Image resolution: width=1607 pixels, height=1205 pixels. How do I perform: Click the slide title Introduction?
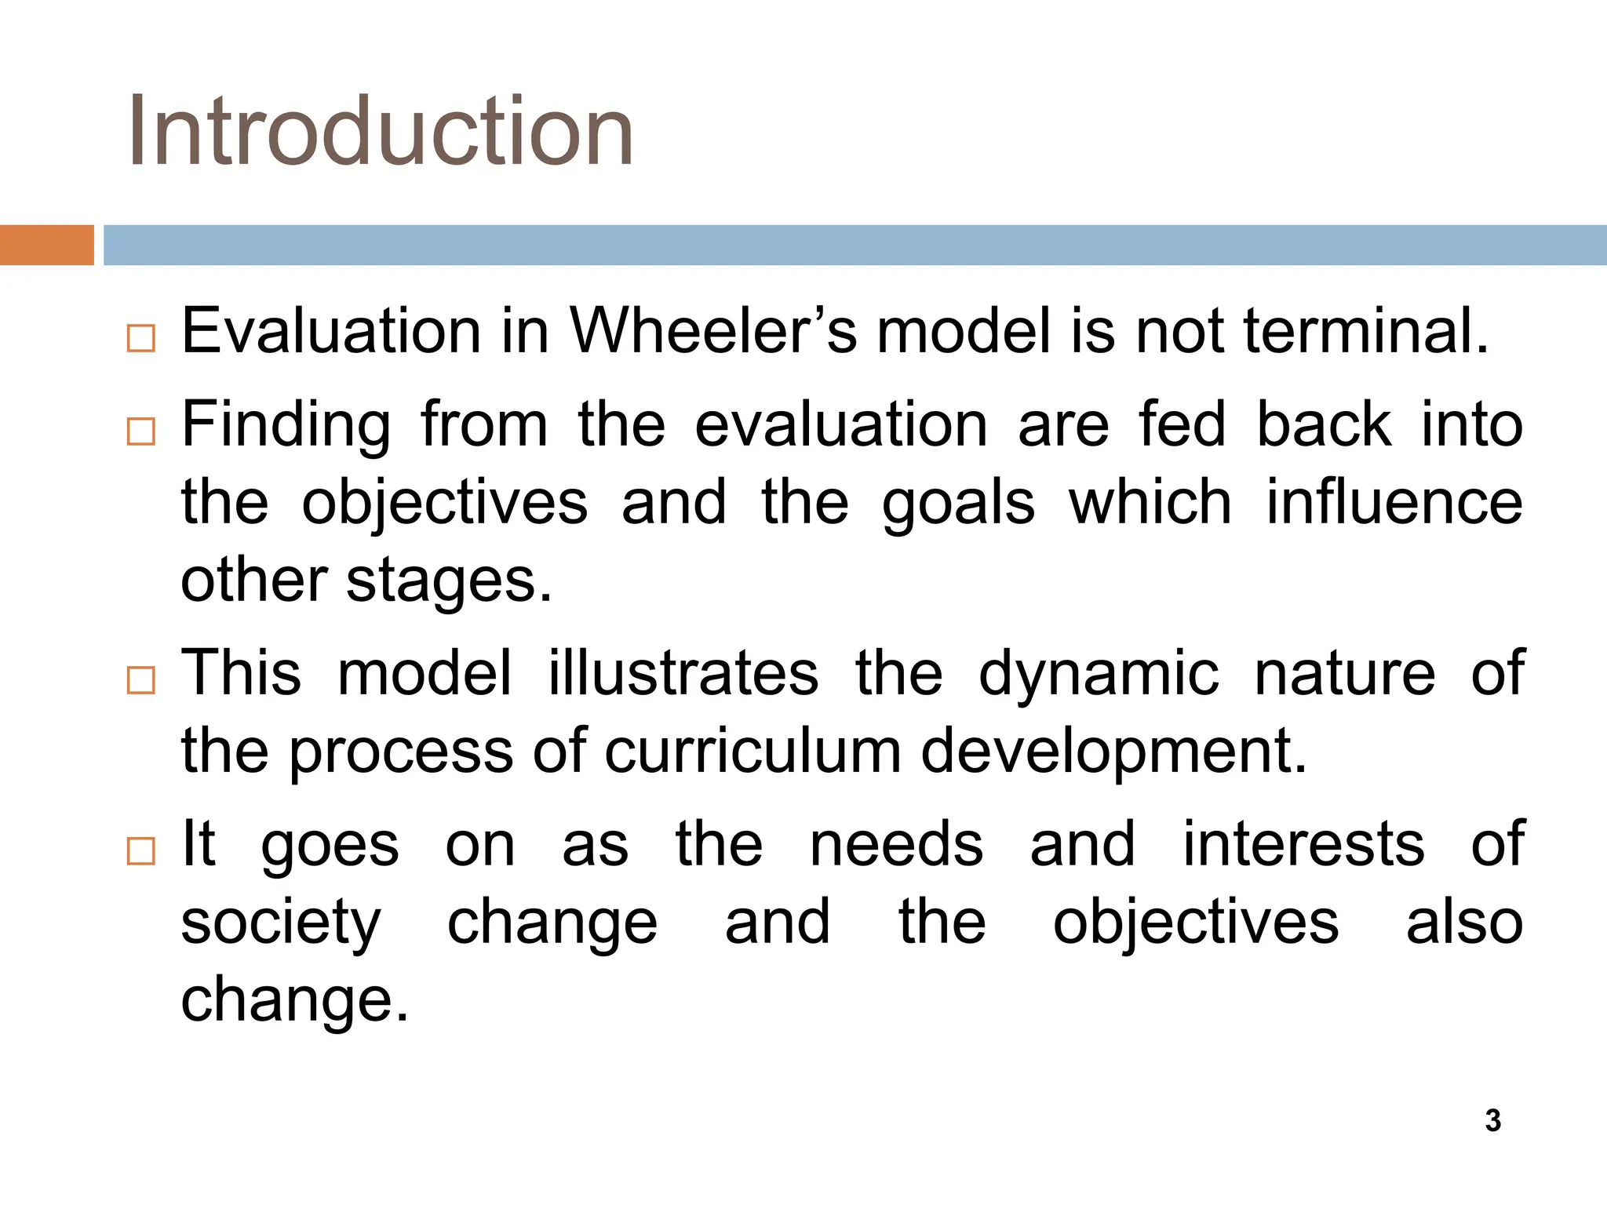coord(381,131)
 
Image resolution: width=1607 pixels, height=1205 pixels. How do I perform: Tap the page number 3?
coord(1492,1120)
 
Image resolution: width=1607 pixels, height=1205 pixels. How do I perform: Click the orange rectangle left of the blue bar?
coord(46,245)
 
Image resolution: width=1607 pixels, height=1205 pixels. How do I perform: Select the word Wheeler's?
coord(713,331)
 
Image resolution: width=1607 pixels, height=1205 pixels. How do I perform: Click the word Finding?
coord(286,425)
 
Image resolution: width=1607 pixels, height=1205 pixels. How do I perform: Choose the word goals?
coord(958,504)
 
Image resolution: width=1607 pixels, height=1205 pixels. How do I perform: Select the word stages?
coord(449,582)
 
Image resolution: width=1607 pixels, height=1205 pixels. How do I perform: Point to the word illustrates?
coord(683,673)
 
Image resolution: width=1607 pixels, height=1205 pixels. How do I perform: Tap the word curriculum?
coord(752,752)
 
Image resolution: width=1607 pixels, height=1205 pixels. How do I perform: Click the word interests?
coord(1303,844)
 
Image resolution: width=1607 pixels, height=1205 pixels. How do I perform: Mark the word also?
coord(1464,923)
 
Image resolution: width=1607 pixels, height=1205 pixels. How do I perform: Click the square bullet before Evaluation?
coord(141,338)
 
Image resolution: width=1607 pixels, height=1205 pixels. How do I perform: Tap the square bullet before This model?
coord(141,680)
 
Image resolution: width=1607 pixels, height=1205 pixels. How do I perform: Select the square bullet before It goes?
coord(141,851)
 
